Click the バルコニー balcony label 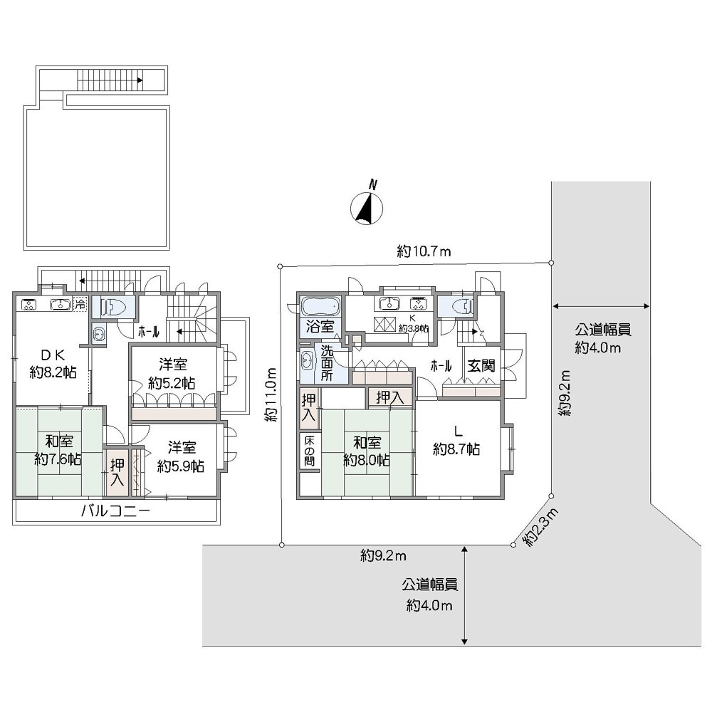(115, 510)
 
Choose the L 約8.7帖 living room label (456, 441)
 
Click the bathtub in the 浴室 (320, 307)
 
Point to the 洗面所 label (327, 363)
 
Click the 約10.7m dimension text (424, 251)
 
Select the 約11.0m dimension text (271, 395)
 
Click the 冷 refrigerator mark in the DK (80, 304)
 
